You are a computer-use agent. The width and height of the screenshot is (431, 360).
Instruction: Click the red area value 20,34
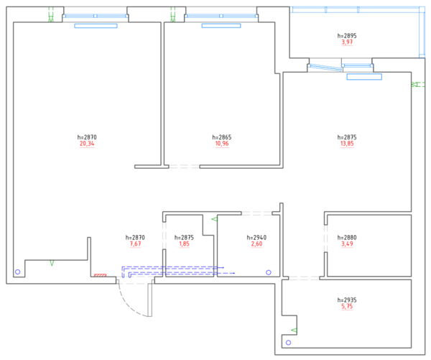(87, 144)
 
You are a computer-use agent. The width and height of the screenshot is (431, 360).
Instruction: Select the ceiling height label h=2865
(222, 137)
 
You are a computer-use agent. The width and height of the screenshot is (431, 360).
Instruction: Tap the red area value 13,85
(347, 144)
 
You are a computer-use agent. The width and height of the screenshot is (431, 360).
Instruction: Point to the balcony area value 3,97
(347, 42)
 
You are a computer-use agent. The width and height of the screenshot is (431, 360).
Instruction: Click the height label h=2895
(347, 35)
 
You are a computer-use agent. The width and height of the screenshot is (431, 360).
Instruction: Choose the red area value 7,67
(135, 244)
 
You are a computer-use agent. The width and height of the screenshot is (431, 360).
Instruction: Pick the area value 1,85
(184, 244)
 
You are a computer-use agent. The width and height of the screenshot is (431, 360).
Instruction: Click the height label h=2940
(256, 237)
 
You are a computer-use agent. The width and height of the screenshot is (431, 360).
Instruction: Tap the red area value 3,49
(347, 244)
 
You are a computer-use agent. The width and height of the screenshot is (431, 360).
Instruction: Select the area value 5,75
(347, 306)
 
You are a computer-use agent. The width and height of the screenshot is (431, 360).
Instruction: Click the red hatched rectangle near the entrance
(101, 275)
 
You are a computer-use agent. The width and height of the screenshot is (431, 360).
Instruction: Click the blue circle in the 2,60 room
(269, 272)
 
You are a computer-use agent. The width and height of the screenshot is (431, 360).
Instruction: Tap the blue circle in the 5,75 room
(288, 343)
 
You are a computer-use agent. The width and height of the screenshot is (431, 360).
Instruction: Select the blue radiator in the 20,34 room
(96, 26)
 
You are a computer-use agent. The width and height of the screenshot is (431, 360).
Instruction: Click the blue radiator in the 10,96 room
(221, 26)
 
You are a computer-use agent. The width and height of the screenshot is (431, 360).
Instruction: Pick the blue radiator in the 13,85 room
(364, 77)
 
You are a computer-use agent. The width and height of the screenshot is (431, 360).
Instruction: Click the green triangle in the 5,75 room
(295, 330)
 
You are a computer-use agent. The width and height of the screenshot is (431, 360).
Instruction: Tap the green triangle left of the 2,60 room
(214, 219)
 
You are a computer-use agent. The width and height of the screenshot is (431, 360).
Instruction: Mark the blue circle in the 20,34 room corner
(17, 272)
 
